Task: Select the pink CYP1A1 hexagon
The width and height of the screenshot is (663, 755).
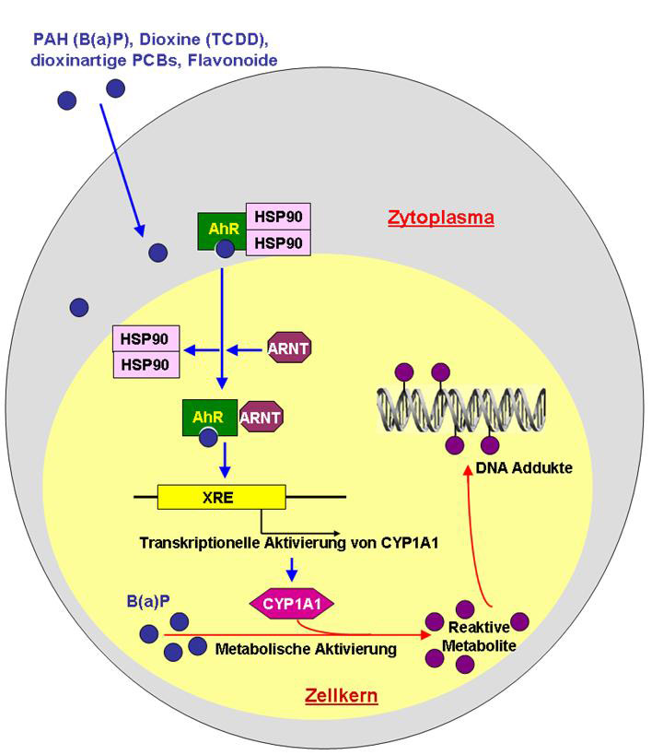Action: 292,605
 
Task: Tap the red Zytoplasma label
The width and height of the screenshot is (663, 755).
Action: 441,218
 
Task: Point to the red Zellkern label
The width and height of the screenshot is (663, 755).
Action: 341,695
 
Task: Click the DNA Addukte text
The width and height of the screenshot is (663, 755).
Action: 524,467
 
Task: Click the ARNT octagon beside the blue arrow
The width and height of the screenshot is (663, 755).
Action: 288,348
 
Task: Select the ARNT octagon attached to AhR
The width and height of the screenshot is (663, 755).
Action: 261,417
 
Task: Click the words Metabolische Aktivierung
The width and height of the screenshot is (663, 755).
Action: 306,649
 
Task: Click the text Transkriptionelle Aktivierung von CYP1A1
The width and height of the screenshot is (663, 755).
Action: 288,543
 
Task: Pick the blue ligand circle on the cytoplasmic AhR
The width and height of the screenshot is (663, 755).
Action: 224,249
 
